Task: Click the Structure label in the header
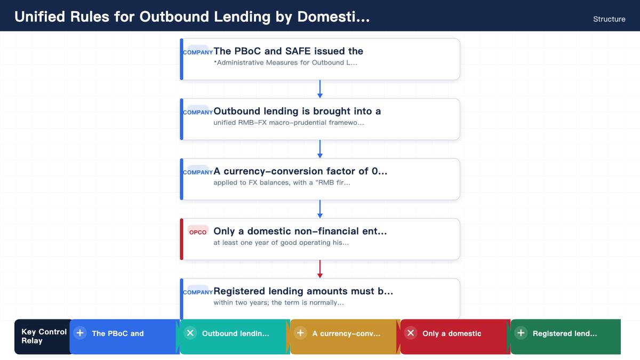click(x=609, y=19)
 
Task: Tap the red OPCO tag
click(x=198, y=232)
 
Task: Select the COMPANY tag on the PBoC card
click(x=198, y=52)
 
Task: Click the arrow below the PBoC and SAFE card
click(x=320, y=89)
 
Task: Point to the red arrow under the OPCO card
click(x=320, y=269)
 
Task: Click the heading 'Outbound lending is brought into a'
click(x=297, y=111)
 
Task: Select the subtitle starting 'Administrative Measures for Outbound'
click(x=285, y=62)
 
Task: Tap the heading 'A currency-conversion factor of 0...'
click(x=300, y=171)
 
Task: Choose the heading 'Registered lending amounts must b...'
click(x=303, y=291)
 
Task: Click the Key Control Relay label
click(x=44, y=337)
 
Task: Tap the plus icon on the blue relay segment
click(x=80, y=333)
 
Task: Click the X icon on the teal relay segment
click(x=190, y=333)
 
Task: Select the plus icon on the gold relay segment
click(x=300, y=333)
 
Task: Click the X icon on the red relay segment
click(x=411, y=333)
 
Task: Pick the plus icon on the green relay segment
click(x=521, y=333)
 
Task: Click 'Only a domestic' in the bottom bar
click(x=452, y=333)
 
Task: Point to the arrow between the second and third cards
click(x=320, y=149)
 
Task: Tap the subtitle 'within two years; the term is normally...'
click(x=278, y=302)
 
